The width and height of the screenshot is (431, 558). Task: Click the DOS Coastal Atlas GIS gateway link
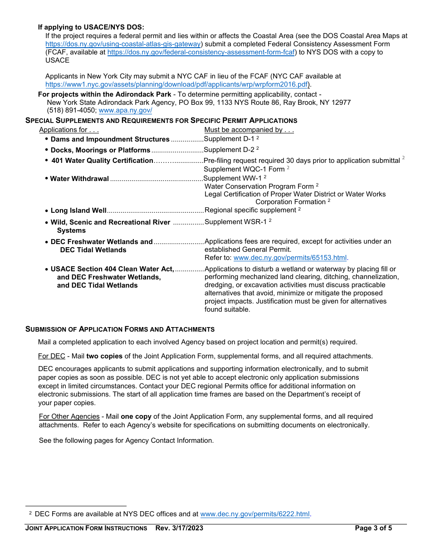tap(123, 44)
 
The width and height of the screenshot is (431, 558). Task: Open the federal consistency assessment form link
tap(201, 52)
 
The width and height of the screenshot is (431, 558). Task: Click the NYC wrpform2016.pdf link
tap(177, 84)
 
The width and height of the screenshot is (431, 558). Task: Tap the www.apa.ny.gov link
tap(125, 110)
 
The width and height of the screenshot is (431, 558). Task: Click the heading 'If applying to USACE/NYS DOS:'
tap(91, 27)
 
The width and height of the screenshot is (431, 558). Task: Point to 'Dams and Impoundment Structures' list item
tap(110, 139)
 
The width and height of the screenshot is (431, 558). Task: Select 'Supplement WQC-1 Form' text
tap(244, 169)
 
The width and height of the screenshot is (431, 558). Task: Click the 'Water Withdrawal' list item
tap(79, 179)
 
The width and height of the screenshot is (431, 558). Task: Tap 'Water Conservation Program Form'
tap(259, 186)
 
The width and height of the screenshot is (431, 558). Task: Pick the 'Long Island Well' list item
tap(78, 210)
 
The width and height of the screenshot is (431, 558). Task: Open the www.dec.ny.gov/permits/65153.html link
tap(290, 258)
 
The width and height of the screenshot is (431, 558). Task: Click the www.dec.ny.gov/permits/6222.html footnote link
tap(255, 514)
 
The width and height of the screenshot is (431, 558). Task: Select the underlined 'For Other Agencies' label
tap(69, 416)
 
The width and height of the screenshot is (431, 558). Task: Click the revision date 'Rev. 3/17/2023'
tap(179, 528)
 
